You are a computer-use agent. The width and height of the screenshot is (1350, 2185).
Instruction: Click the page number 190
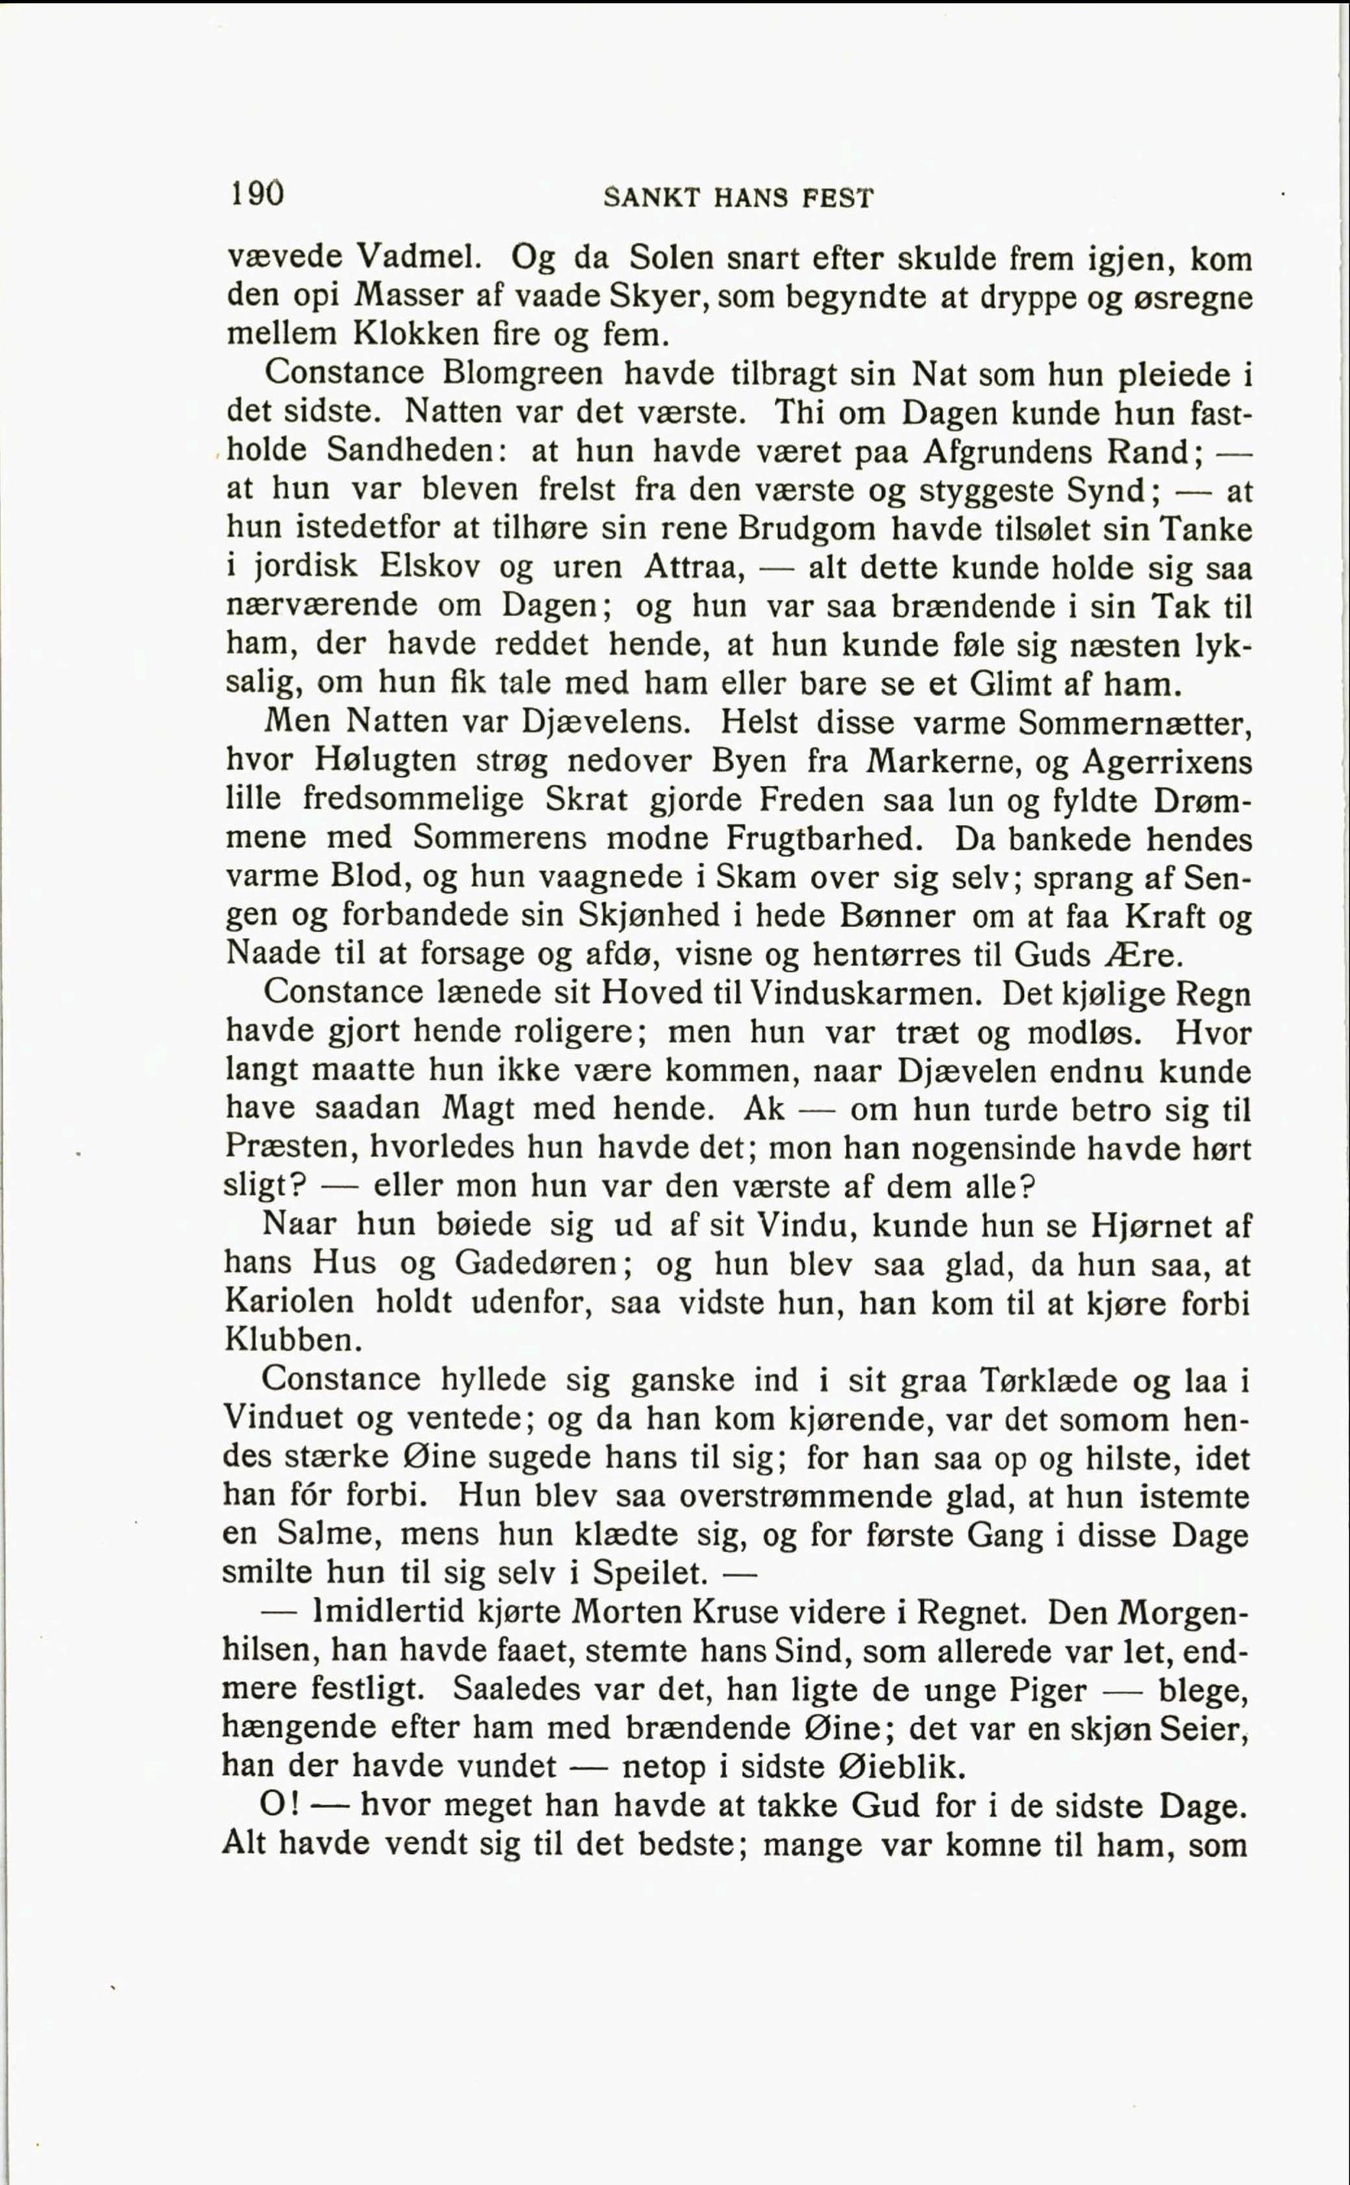point(257,194)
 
